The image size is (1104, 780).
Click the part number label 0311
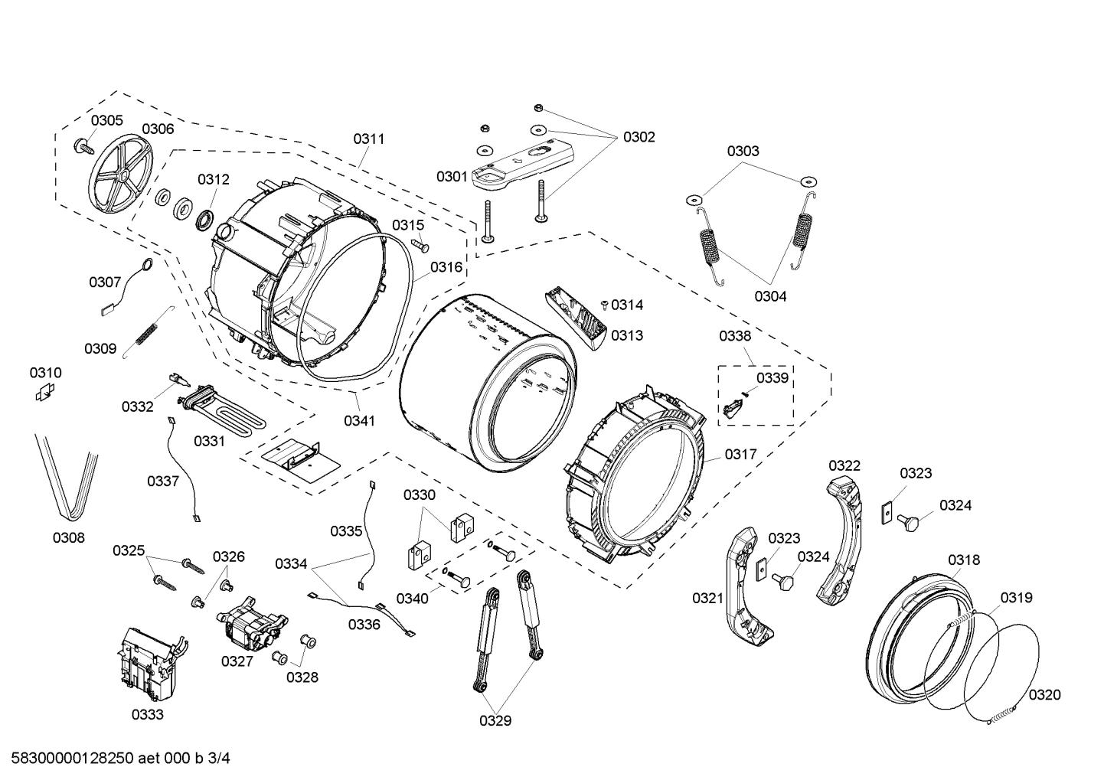point(368,139)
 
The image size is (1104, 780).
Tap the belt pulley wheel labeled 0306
point(121,177)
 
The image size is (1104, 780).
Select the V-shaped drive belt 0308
point(67,475)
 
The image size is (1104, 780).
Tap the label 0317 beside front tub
point(740,454)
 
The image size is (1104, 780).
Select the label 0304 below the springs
point(769,296)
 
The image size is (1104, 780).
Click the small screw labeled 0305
point(81,145)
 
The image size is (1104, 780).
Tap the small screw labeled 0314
point(605,305)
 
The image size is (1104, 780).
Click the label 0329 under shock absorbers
point(495,720)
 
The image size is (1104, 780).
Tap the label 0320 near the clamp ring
point(1044,694)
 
